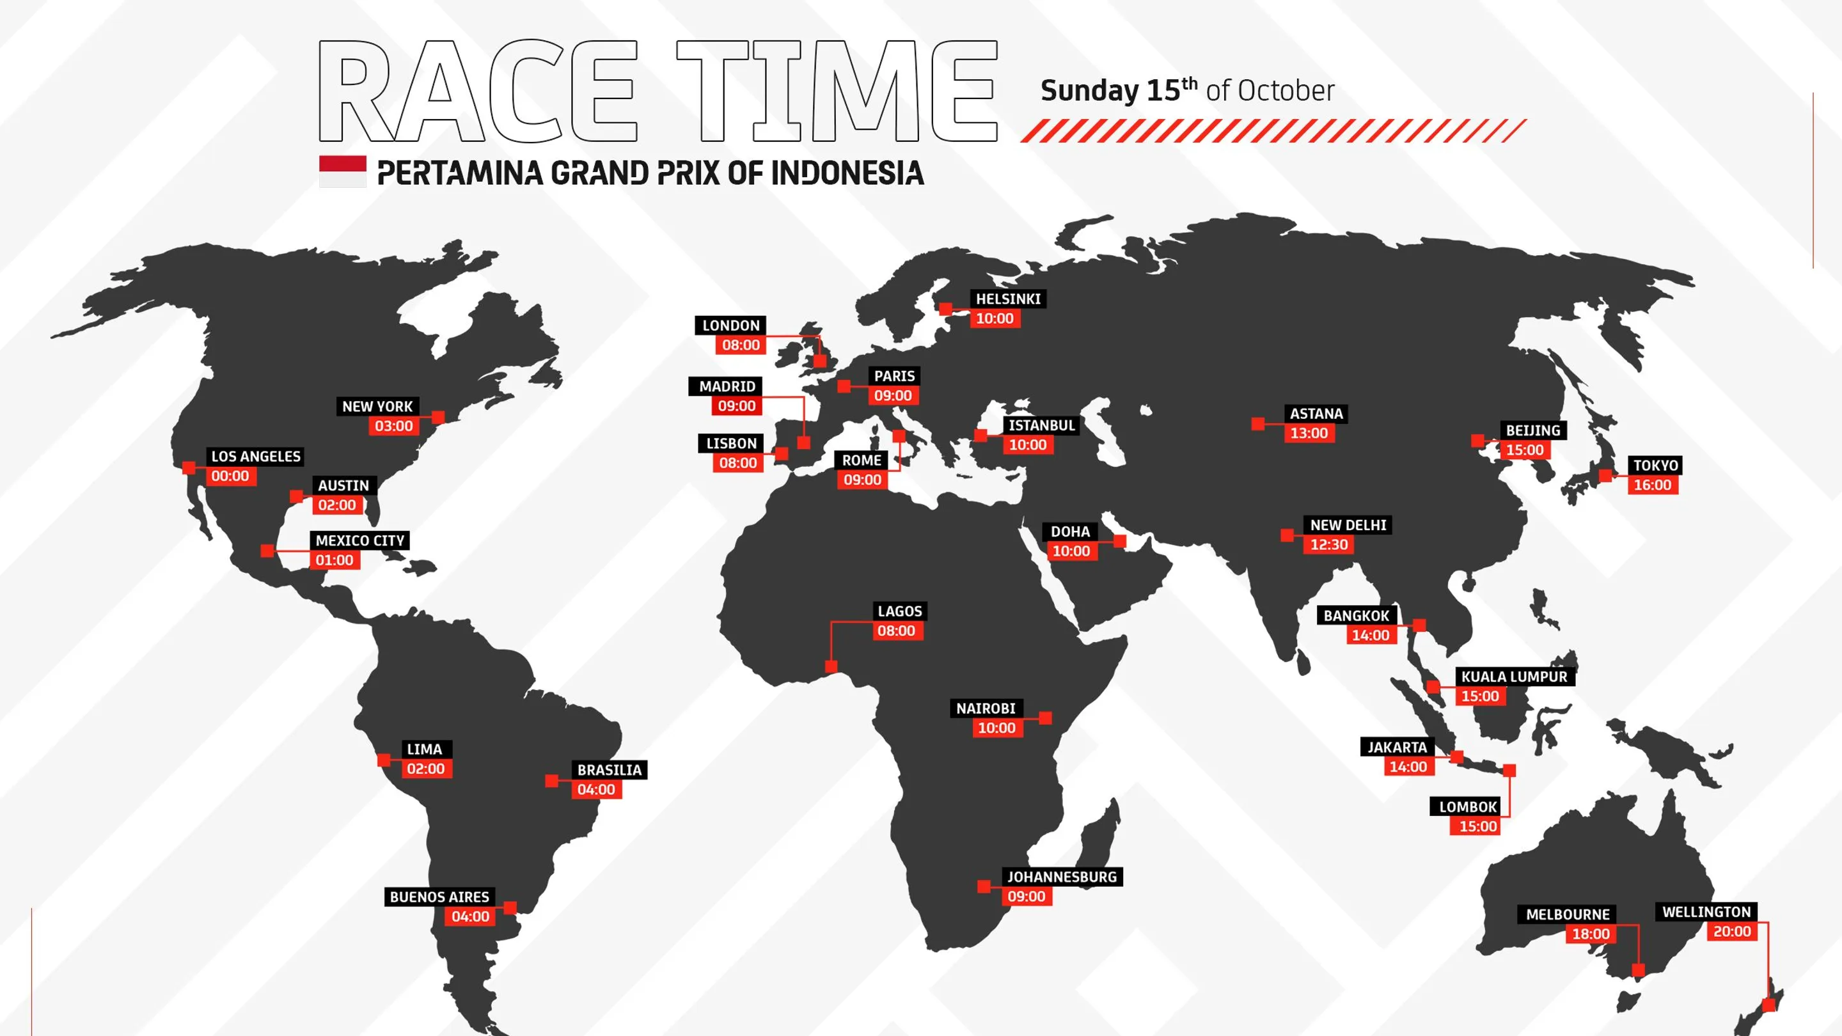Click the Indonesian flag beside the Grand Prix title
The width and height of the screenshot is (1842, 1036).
tap(343, 171)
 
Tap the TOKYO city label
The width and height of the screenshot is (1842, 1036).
tap(1655, 466)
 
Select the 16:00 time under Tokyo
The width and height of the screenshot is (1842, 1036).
tap(1653, 485)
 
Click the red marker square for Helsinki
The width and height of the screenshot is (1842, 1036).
tap(945, 309)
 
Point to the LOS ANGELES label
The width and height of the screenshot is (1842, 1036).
tap(255, 456)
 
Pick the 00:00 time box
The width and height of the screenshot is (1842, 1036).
tap(230, 476)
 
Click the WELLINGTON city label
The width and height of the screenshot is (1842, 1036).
tap(1706, 911)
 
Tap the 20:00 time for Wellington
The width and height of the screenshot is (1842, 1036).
tap(1732, 931)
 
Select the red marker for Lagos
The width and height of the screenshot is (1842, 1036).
tap(831, 667)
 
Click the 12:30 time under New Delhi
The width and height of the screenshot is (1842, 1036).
tap(1328, 545)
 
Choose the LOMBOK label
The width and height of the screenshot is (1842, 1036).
tap(1468, 806)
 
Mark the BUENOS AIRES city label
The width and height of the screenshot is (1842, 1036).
tap(439, 897)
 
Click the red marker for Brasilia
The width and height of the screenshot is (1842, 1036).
tap(551, 781)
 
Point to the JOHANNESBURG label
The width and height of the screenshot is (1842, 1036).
tap(1061, 877)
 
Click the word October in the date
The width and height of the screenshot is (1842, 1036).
tap(1286, 91)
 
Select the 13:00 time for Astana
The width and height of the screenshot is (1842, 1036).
tap(1309, 434)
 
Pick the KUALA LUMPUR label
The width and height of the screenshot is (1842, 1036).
tap(1514, 677)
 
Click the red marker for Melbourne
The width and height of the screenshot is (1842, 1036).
tap(1638, 970)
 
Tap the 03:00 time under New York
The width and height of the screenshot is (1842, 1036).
tap(394, 426)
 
